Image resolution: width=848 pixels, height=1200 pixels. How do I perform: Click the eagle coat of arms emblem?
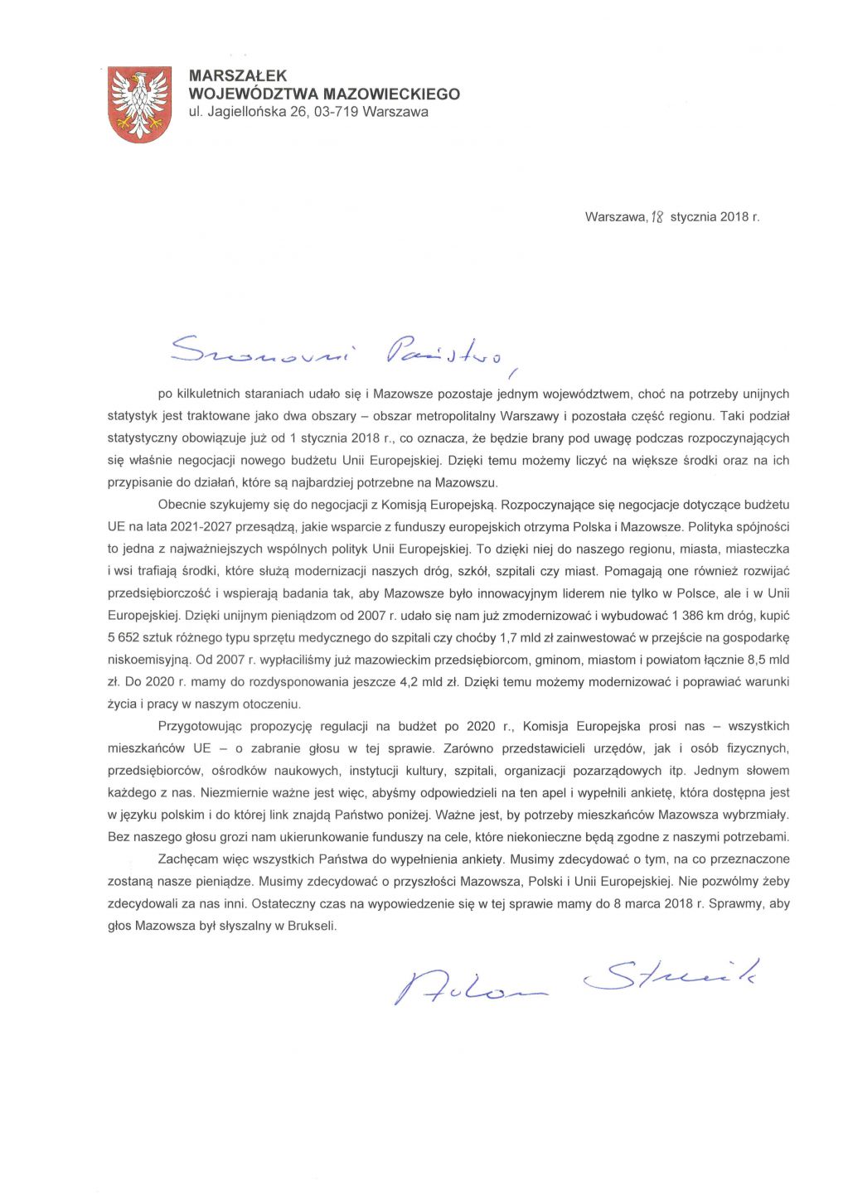click(139, 104)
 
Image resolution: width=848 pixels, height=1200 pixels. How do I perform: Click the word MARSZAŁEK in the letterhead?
click(238, 76)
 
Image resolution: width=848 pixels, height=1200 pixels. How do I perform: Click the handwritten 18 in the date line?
click(657, 217)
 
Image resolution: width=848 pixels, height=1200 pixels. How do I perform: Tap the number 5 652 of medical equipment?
click(125, 637)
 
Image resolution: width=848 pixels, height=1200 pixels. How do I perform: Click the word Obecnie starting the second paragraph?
click(182, 504)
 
